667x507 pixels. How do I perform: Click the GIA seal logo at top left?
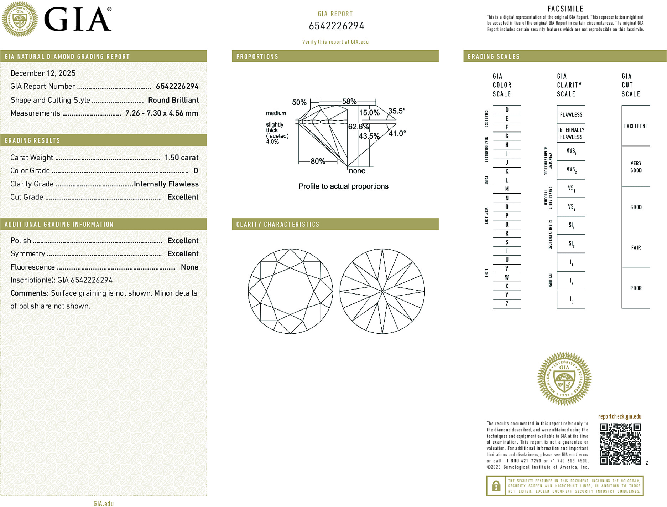[x=20, y=19]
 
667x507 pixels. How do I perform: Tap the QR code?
[x=620, y=444]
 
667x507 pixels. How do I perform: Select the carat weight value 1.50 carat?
[x=181, y=158]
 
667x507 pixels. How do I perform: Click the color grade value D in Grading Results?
[x=196, y=171]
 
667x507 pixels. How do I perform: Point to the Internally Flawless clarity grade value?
[x=166, y=184]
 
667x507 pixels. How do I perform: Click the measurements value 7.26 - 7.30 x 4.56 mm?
[x=162, y=113]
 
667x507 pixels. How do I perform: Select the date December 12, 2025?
[x=43, y=73]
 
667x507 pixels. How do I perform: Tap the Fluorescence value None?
[x=189, y=267]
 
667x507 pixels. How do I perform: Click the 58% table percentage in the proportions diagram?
[x=349, y=101]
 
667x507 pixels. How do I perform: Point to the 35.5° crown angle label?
[x=397, y=111]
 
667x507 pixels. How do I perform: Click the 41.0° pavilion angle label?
[x=397, y=133]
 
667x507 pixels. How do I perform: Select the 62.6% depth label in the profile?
[x=358, y=127]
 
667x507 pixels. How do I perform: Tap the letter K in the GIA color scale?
[x=507, y=171]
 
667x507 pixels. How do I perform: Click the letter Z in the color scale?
[x=507, y=304]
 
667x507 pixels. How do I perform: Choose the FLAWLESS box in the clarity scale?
[x=571, y=114]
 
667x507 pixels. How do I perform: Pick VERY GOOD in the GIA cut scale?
[x=636, y=167]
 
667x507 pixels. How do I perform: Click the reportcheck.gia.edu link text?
[x=620, y=416]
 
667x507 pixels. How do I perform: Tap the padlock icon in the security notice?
[x=496, y=486]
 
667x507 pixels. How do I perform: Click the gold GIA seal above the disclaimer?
[x=564, y=378]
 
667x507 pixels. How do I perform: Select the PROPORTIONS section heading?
[x=257, y=57]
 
